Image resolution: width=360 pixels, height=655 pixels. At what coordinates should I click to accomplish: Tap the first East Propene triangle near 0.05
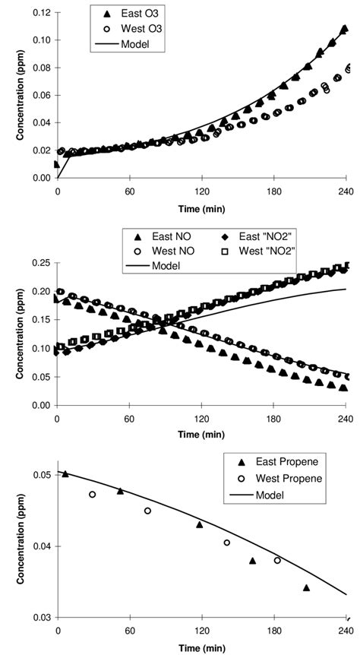click(65, 473)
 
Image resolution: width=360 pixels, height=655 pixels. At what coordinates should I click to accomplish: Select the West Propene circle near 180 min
click(277, 560)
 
